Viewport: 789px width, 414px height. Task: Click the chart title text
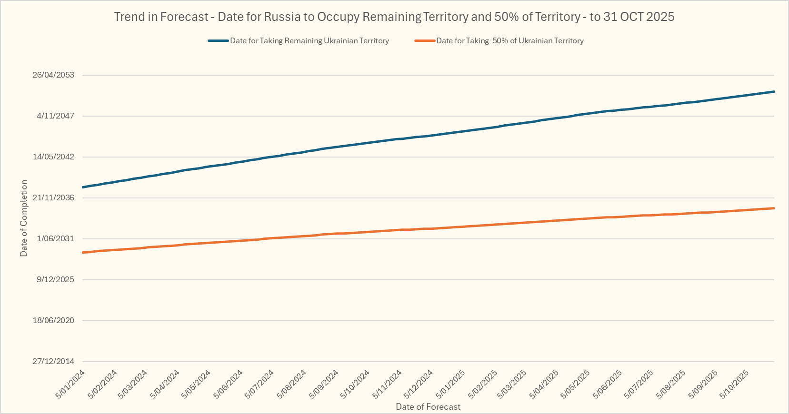[x=394, y=17]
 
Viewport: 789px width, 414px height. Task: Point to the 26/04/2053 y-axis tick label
[x=53, y=75]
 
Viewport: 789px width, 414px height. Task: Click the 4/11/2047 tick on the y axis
[x=56, y=116]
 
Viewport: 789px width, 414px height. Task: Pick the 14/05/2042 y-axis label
[x=53, y=157]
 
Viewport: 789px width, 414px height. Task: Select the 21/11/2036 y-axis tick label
[x=53, y=198]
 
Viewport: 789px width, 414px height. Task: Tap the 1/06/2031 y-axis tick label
[x=56, y=239]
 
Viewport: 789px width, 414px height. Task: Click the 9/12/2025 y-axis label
[x=56, y=280]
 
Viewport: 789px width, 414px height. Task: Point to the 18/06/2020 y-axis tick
[x=53, y=321]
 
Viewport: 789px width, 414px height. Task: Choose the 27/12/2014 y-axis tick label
[x=53, y=362]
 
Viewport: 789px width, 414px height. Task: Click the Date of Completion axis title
[x=24, y=218]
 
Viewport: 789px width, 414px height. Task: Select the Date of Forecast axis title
[x=428, y=407]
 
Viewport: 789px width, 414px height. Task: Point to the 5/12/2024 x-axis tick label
[x=419, y=384]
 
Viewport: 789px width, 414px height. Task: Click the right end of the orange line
[x=774, y=208]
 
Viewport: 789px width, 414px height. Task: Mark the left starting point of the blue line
[x=83, y=187]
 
